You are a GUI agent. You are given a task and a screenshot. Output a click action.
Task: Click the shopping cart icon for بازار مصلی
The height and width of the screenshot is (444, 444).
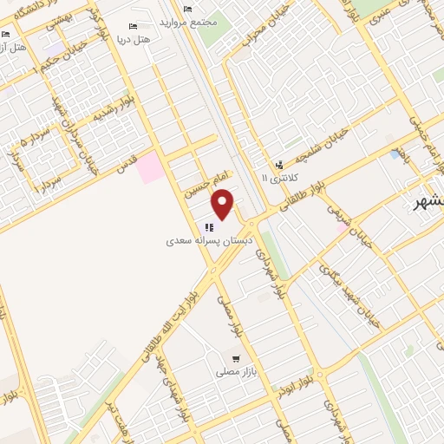236,358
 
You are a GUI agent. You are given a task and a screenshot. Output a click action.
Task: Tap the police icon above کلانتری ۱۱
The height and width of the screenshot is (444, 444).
278,164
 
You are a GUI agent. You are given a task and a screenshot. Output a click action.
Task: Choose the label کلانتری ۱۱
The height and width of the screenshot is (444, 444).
278,177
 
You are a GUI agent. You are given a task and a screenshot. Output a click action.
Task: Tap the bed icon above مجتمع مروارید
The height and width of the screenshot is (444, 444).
188,9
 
